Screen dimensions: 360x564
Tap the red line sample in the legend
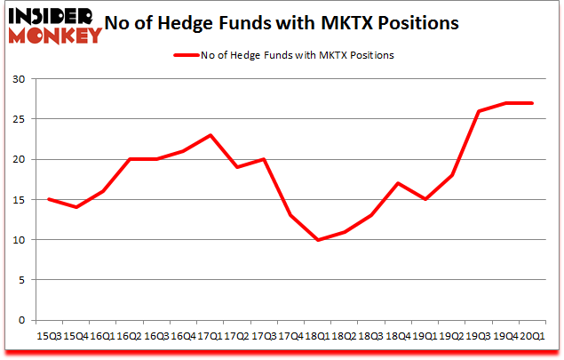point(189,55)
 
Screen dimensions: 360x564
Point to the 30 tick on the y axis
point(17,79)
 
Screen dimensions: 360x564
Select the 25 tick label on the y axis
point(17,119)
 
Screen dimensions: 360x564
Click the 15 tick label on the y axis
point(17,200)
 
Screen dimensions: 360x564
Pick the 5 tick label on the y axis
point(20,280)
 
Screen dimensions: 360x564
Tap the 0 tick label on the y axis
point(20,320)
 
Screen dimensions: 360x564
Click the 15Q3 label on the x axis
point(50,336)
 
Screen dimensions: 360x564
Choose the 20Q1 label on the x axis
point(531,336)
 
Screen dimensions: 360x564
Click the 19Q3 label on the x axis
point(478,336)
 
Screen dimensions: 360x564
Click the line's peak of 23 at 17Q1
point(211,135)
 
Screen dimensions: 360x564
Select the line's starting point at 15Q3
point(48,199)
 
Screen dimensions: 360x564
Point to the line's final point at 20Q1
point(533,103)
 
